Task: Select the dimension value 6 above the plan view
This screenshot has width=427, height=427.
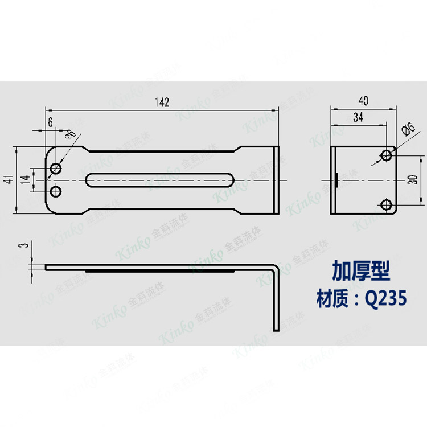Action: [x=51, y=122]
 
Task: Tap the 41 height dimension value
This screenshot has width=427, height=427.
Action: [x=9, y=180]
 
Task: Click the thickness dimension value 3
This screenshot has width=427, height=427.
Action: [x=23, y=245]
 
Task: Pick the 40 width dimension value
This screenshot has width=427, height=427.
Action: [x=363, y=101]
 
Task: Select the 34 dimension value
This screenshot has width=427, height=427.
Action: [x=359, y=117]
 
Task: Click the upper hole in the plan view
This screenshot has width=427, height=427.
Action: [x=56, y=169]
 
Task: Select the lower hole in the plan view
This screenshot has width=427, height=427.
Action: [x=56, y=190]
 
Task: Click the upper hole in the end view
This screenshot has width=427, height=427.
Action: [x=387, y=155]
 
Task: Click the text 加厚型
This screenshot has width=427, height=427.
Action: [x=361, y=272]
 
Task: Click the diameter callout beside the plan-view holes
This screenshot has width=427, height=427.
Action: [x=71, y=134]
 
